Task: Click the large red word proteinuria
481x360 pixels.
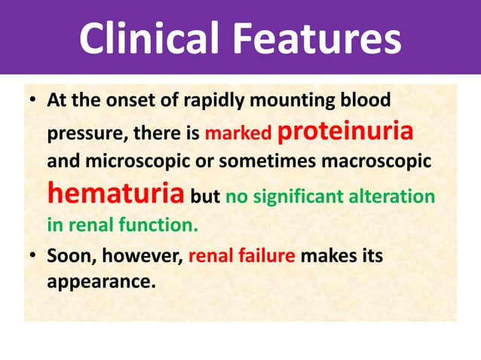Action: [x=346, y=131]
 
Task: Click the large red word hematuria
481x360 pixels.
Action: [x=115, y=193]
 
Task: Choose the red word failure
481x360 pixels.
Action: [x=268, y=256]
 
